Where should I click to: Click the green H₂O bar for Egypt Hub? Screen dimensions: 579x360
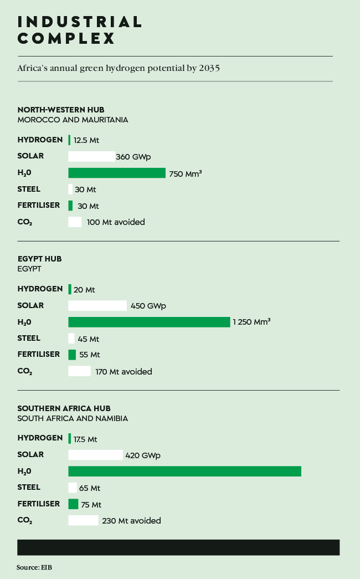click(x=149, y=322)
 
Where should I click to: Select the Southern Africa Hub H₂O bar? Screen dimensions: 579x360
click(x=184, y=471)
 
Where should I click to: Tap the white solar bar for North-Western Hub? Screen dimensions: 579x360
click(x=91, y=156)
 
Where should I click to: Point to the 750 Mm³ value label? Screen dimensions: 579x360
click(x=185, y=173)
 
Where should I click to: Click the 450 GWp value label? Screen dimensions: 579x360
click(x=148, y=305)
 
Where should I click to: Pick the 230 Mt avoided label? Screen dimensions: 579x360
click(x=131, y=521)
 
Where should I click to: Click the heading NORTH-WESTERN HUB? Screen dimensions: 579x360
click(x=61, y=110)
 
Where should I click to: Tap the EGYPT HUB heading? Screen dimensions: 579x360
click(x=39, y=259)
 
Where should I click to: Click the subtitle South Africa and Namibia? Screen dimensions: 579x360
click(x=73, y=418)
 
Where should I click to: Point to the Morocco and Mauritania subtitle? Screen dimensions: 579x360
click(x=73, y=120)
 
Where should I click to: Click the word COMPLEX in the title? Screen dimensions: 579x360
click(x=66, y=38)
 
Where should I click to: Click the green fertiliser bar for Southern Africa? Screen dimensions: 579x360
click(x=73, y=504)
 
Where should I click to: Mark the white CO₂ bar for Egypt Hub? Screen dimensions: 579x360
click(x=79, y=371)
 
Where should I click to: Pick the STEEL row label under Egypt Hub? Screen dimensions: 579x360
click(x=29, y=338)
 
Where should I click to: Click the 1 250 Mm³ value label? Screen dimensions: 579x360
click(x=251, y=322)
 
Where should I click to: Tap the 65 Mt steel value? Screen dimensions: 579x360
click(x=90, y=488)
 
